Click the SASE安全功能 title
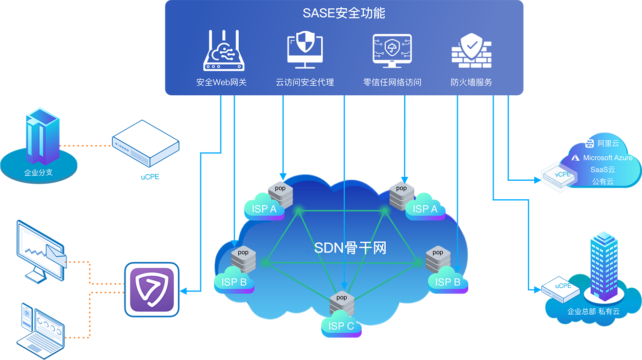[x=344, y=13]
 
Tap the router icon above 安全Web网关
[x=224, y=51]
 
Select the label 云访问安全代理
[x=305, y=82]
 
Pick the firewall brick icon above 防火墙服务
[x=471, y=51]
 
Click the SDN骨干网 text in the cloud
[x=350, y=248]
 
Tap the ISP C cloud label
[x=341, y=326]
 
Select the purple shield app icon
[x=152, y=289]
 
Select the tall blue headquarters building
[x=605, y=266]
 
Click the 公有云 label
[x=602, y=182]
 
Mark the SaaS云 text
[x=602, y=169]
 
